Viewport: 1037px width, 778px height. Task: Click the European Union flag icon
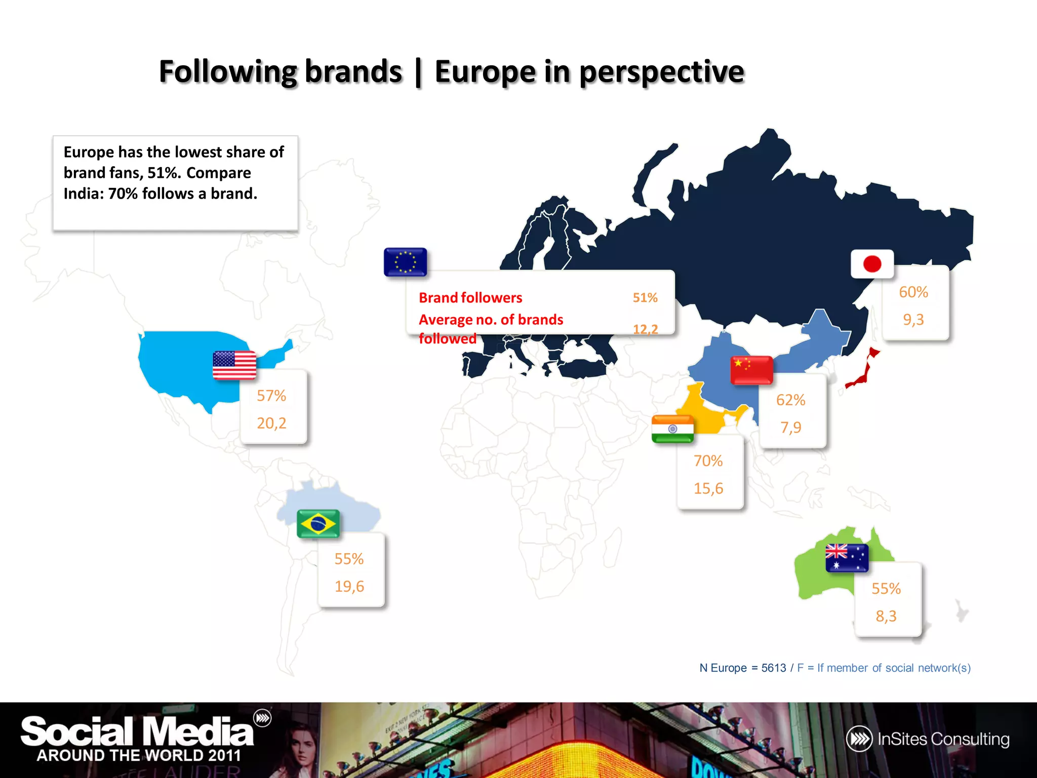[405, 262]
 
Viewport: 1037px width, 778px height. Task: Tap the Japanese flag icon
[872, 263]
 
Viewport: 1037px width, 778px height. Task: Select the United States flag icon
[234, 365]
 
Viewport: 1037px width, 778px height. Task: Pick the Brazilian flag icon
[318, 523]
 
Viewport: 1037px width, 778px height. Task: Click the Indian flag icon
[672, 429]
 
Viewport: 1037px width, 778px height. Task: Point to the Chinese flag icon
[751, 370]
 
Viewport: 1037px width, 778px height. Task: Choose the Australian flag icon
[847, 558]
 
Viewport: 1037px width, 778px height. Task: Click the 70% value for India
[708, 461]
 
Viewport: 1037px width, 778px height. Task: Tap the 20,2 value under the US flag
[271, 423]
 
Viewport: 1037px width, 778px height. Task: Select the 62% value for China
[790, 400]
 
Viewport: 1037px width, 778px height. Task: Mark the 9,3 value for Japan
[913, 320]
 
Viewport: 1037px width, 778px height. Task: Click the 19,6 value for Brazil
[349, 587]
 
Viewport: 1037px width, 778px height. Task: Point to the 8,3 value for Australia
[886, 616]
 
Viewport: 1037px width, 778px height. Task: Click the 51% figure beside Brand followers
[645, 298]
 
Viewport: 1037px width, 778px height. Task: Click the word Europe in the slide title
[485, 71]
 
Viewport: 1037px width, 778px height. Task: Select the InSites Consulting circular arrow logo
[859, 739]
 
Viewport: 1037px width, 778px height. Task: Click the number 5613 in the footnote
[773, 668]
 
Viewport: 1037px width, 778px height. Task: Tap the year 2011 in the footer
[224, 756]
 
